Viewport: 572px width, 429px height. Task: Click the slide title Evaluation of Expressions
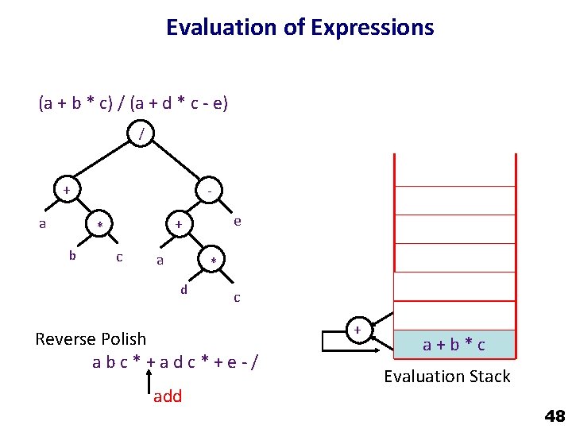click(300, 28)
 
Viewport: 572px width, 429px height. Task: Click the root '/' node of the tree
click(141, 134)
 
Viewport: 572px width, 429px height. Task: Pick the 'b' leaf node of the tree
click(72, 256)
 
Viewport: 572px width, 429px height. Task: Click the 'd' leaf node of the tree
click(184, 289)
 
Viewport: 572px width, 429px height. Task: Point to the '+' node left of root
click(67, 191)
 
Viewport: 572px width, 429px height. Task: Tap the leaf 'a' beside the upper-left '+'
click(43, 224)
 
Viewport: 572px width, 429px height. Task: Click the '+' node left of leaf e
click(179, 225)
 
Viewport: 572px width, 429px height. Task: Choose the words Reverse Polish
click(91, 339)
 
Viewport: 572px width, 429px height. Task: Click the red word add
click(168, 396)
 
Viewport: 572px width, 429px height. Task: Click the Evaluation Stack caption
click(447, 377)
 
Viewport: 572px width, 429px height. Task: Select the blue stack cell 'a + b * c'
click(454, 345)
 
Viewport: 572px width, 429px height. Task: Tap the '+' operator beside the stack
click(357, 330)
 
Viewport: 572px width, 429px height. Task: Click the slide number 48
click(554, 415)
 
